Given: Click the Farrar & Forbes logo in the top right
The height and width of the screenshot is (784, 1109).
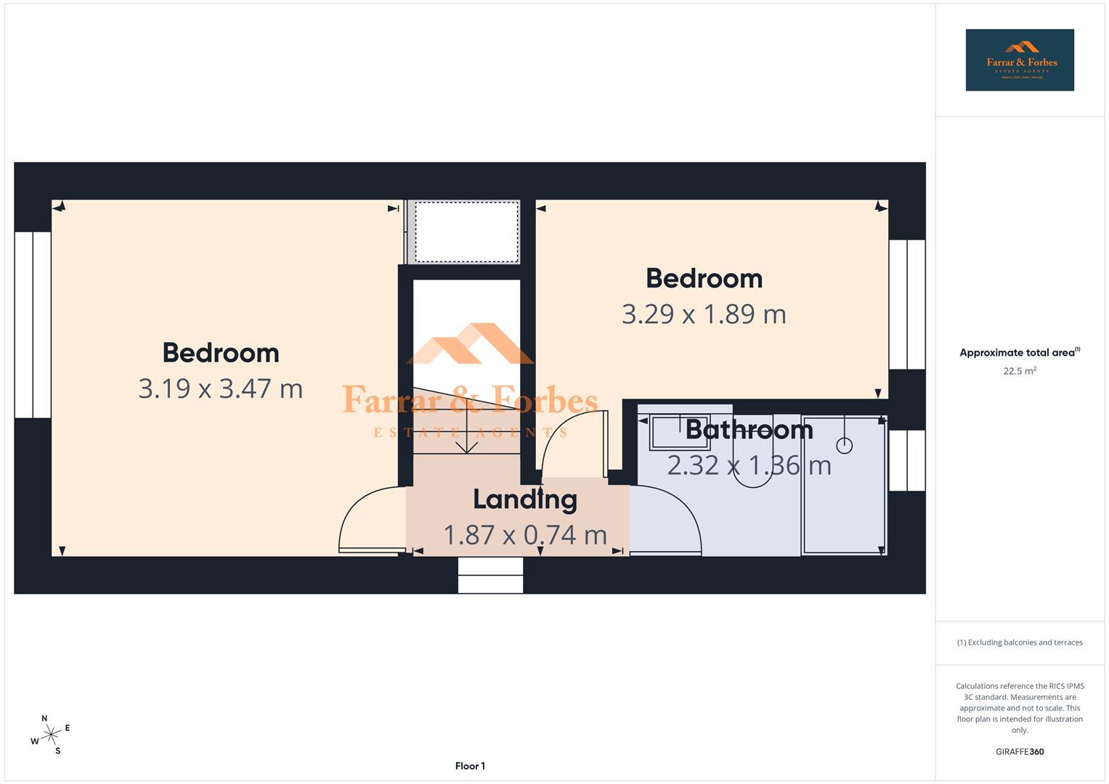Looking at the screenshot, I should tap(1019, 60).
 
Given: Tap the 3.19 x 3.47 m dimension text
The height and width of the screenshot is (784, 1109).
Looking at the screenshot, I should tap(220, 388).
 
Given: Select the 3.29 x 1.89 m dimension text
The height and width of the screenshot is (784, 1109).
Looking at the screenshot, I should tap(704, 314).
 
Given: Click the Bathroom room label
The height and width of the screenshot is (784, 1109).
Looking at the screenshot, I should tap(749, 430).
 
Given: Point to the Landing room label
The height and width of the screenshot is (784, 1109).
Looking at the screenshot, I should tap(525, 499).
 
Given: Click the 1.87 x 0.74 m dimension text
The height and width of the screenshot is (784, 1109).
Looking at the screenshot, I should tap(525, 535).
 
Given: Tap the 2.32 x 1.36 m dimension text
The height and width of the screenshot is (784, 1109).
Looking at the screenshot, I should tap(749, 465).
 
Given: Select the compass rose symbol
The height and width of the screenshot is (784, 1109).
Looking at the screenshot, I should tap(50, 735).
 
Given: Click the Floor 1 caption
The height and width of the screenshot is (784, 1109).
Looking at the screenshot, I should tap(470, 766).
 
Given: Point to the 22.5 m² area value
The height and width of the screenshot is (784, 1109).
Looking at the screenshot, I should tap(1020, 371).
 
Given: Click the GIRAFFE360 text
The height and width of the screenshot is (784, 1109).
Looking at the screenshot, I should tap(1020, 751).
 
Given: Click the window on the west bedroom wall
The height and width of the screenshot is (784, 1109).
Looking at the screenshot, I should tap(33, 324).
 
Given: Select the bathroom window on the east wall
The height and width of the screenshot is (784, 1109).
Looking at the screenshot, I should tap(907, 460).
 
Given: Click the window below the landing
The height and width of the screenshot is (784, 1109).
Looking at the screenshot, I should tap(490, 575).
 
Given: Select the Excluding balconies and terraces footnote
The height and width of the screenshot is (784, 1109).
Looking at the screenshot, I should tap(1020, 642).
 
